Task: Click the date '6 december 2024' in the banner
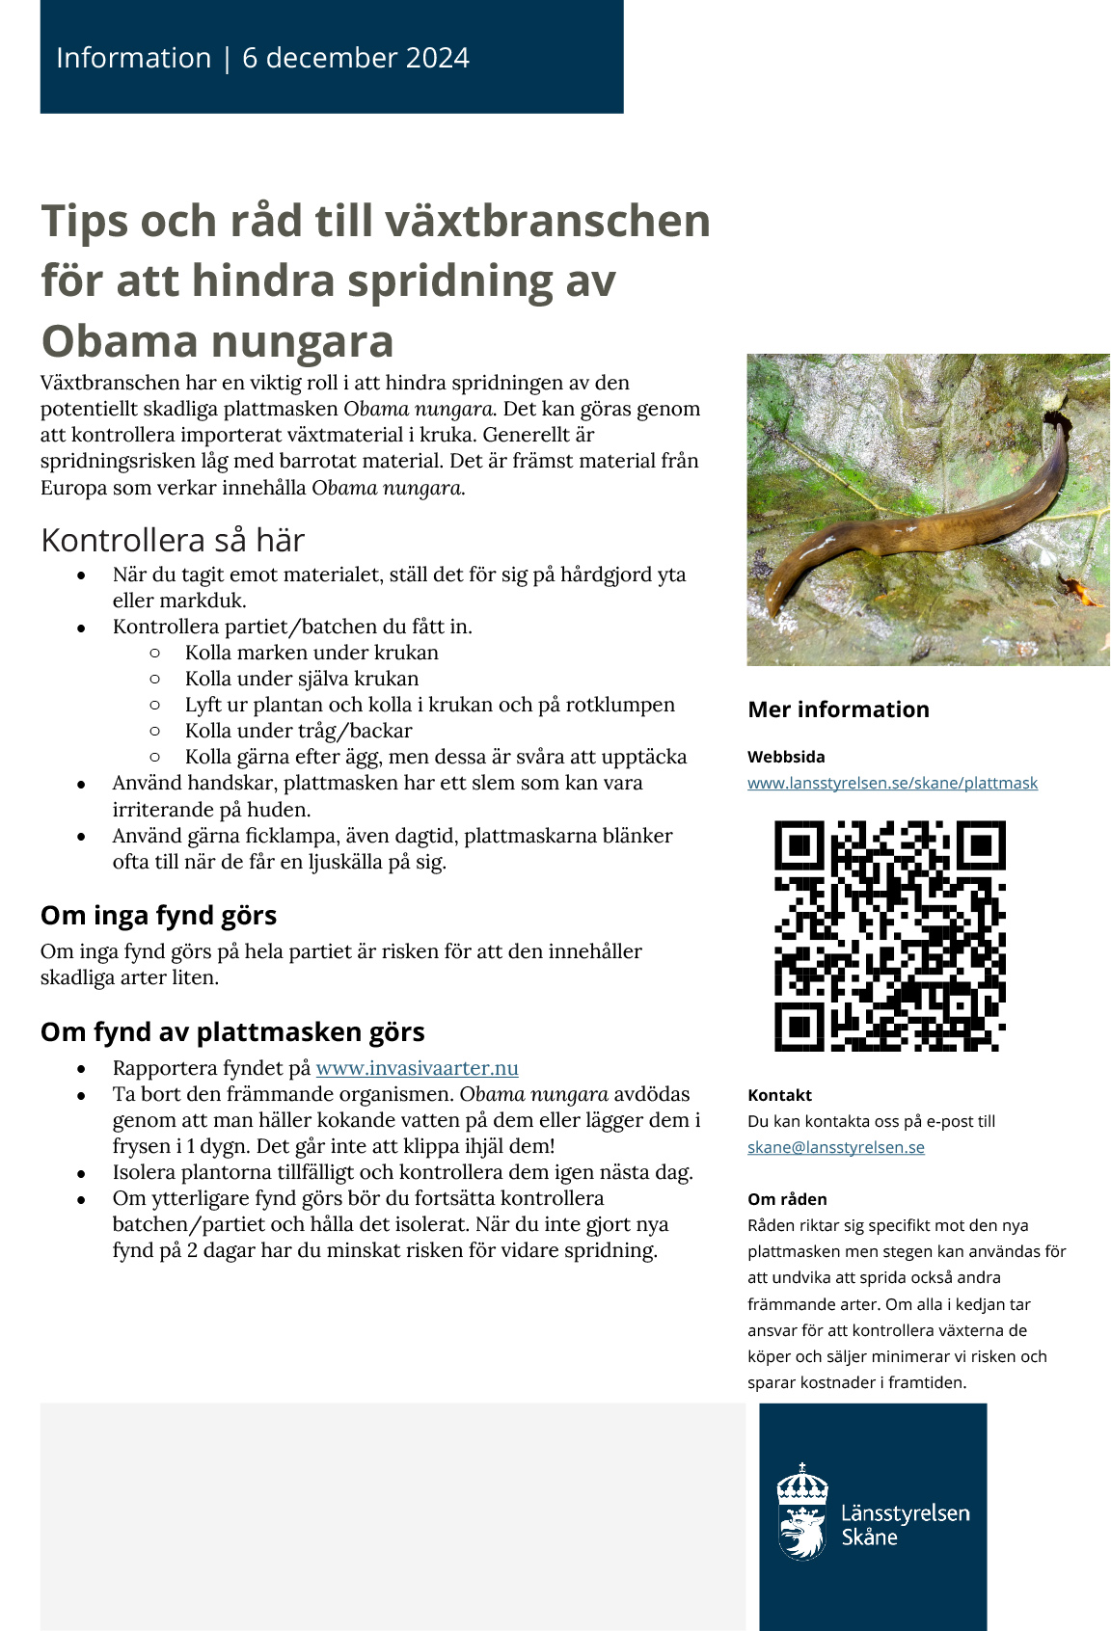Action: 356,58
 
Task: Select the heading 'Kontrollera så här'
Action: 173,540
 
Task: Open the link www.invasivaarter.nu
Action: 417,1068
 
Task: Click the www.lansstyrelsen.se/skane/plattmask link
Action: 892,783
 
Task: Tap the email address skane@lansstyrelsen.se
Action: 835,1147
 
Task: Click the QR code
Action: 889,935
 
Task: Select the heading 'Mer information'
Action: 838,709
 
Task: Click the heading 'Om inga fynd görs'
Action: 158,915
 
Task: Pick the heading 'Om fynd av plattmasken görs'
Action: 232,1031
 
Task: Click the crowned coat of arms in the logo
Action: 802,1511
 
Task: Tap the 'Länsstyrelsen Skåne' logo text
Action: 905,1524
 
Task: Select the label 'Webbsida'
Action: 786,757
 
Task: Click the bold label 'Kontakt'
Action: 779,1095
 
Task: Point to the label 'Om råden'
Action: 787,1199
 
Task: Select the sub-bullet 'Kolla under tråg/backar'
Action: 298,731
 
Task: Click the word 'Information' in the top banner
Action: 133,58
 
